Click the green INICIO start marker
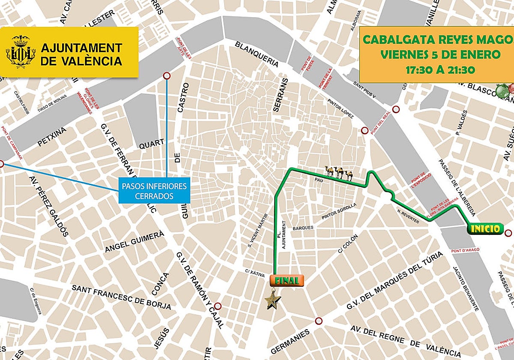click(x=485, y=228)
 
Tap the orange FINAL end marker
click(x=287, y=280)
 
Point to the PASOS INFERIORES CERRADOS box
click(x=154, y=191)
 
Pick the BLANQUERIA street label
click(x=257, y=54)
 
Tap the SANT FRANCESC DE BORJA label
click(x=121, y=297)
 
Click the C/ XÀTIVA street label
click(x=254, y=271)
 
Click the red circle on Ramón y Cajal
click(x=218, y=306)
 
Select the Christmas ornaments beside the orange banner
click(x=505, y=90)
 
